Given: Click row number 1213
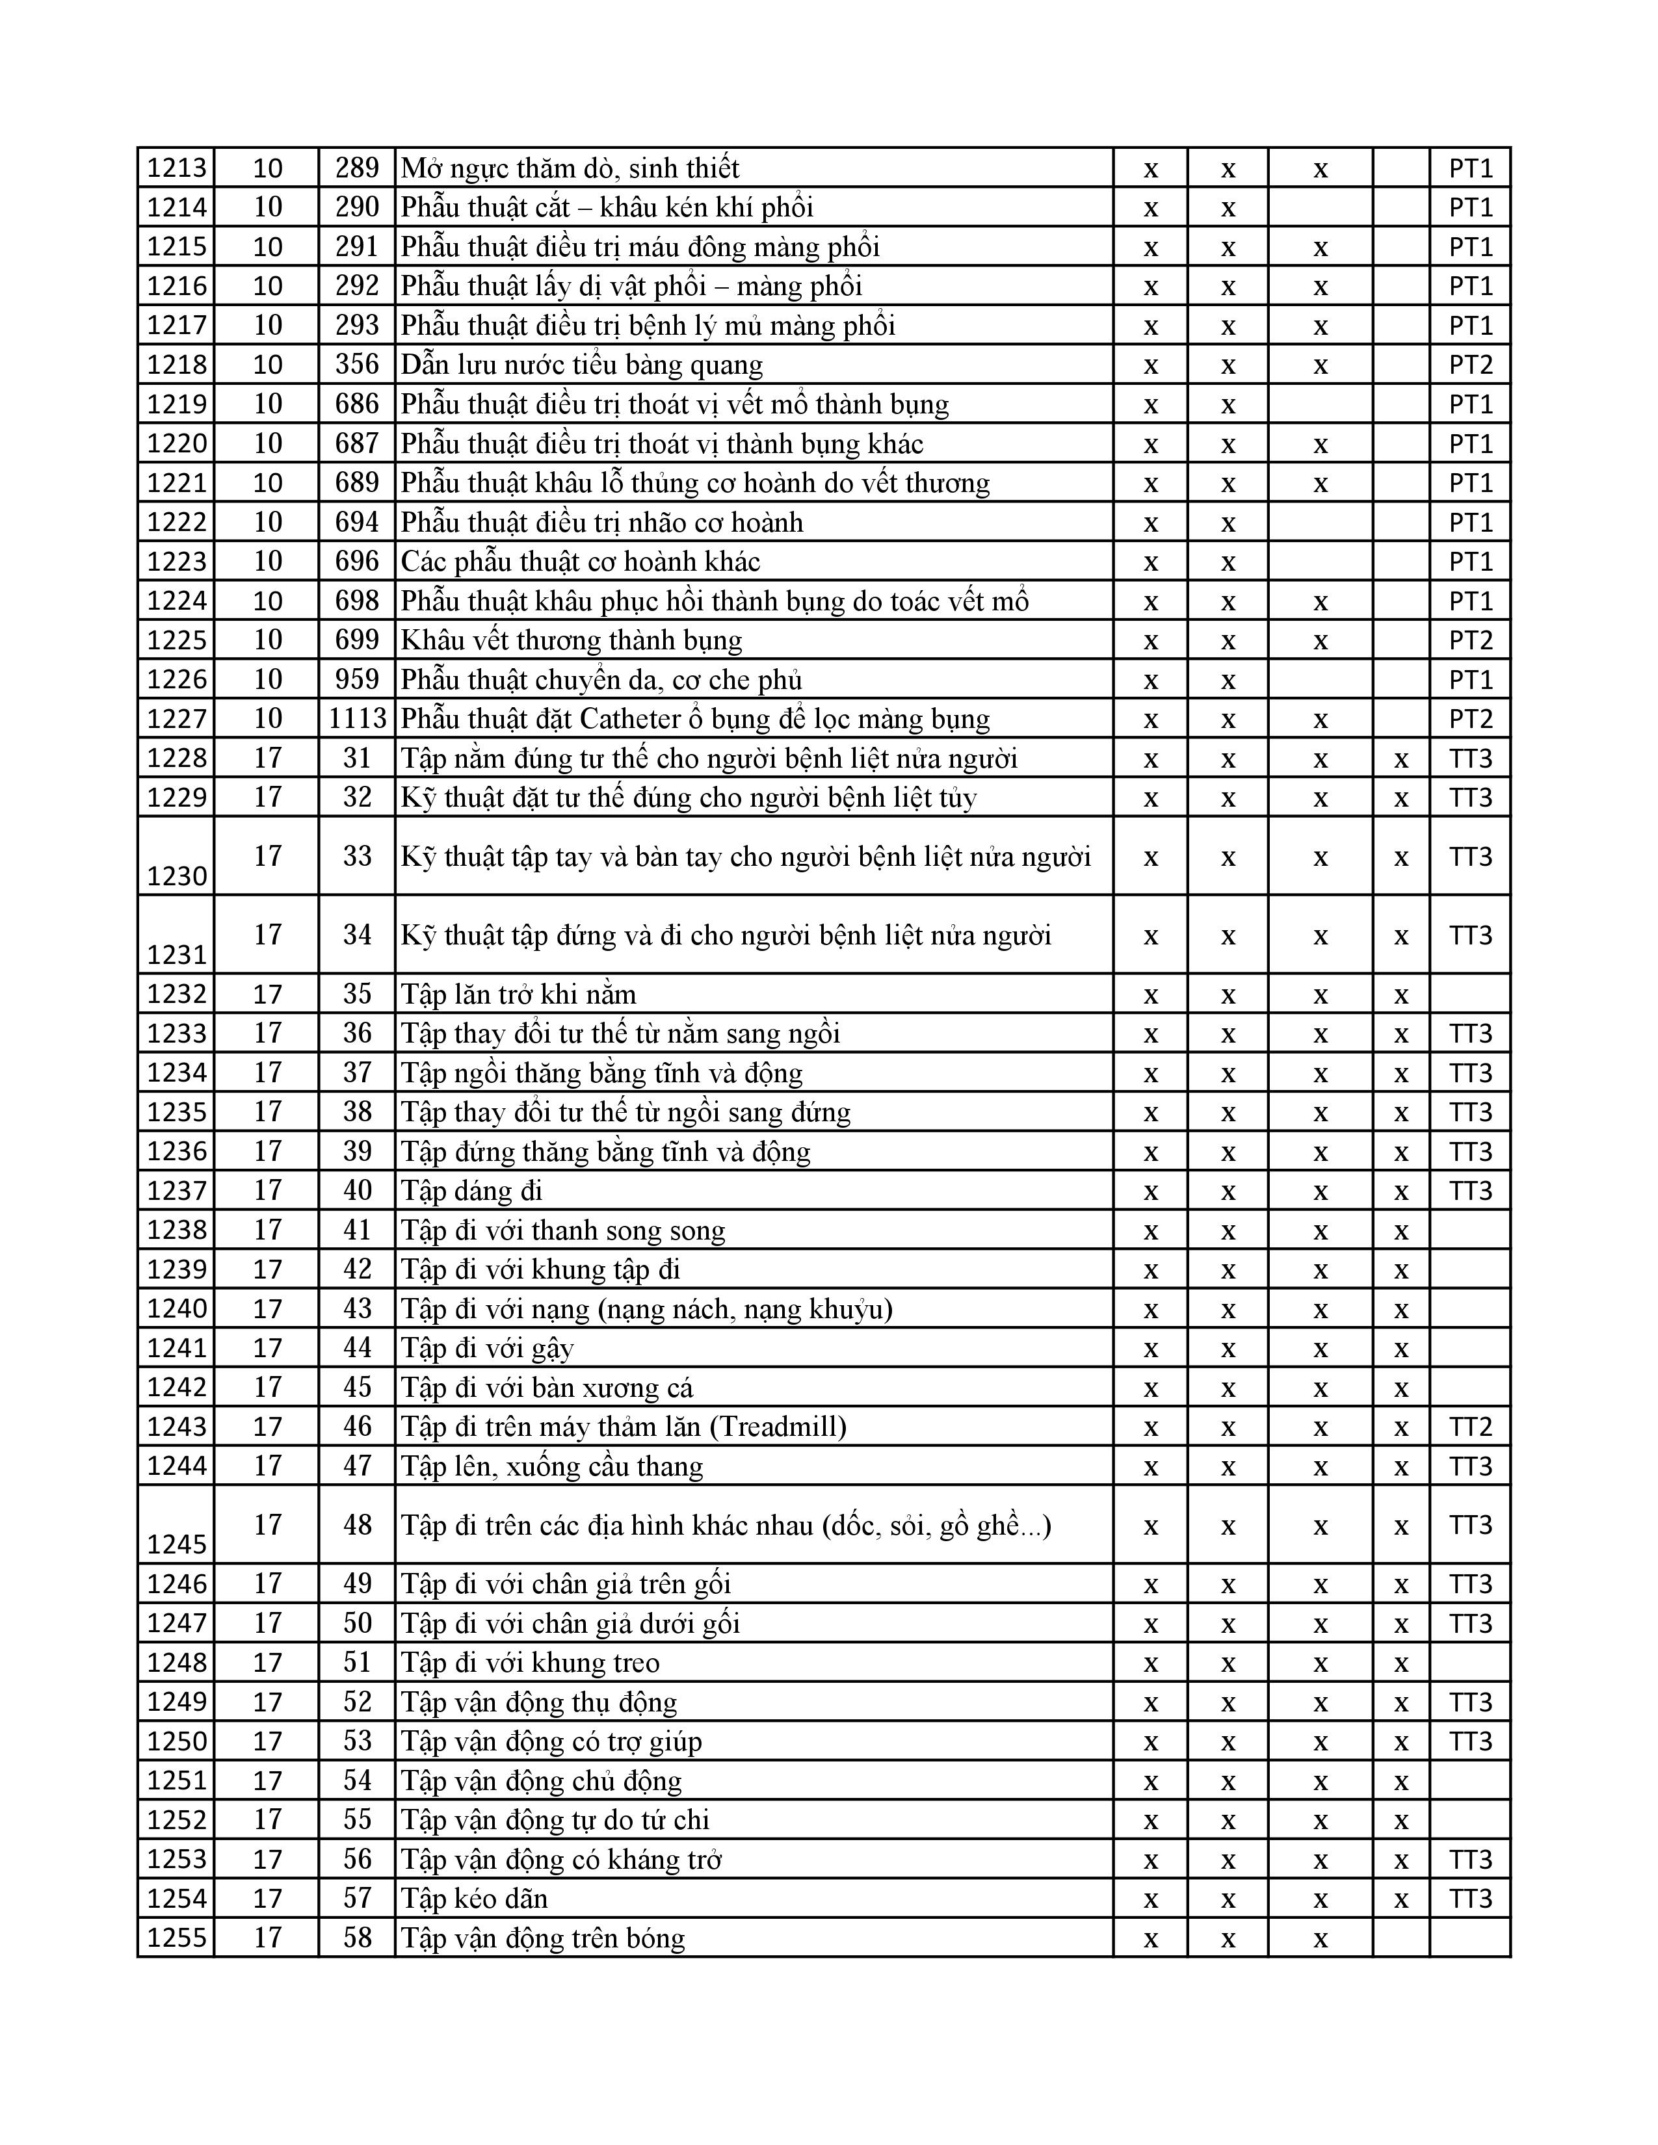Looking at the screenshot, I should [177, 169].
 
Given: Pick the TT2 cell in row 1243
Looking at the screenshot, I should [1469, 1426].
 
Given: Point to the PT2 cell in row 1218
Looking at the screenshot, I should [1469, 365].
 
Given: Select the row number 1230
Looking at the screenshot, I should [177, 875].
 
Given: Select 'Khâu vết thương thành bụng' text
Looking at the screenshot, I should [571, 640].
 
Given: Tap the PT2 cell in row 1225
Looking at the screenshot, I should [1469, 640].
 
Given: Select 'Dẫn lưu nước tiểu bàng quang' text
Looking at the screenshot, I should [581, 365].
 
